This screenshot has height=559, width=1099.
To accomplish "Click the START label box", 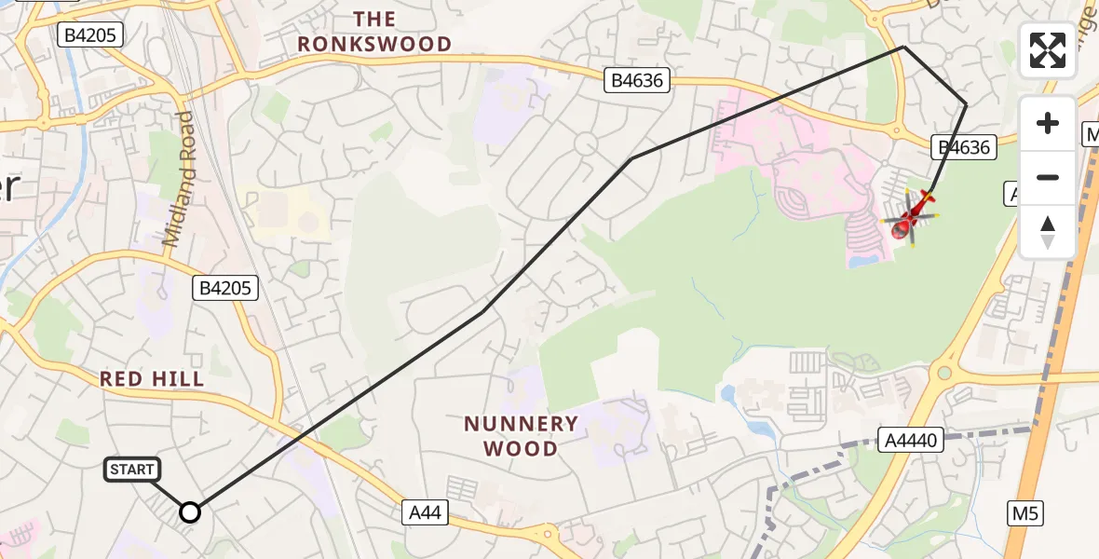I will [132, 470].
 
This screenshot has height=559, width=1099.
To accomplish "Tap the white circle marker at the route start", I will [190, 511].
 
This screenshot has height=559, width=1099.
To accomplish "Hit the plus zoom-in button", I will [1048, 124].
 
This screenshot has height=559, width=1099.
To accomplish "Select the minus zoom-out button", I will [1048, 177].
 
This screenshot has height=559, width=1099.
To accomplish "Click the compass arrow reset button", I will [1048, 231].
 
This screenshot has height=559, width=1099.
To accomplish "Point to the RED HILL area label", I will [152, 379].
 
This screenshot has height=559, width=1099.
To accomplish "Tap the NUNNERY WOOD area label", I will [522, 436].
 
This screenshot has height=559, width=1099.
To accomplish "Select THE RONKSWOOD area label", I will [374, 32].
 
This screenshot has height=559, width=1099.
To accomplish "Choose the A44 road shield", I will [427, 511].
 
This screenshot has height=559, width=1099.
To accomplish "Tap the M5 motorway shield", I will [1025, 511].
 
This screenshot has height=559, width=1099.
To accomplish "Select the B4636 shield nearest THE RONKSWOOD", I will [637, 80].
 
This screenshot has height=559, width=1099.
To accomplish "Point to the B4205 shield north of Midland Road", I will [89, 35].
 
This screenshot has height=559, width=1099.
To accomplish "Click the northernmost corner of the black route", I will [903, 47].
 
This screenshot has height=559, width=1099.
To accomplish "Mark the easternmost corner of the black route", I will [966, 105].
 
